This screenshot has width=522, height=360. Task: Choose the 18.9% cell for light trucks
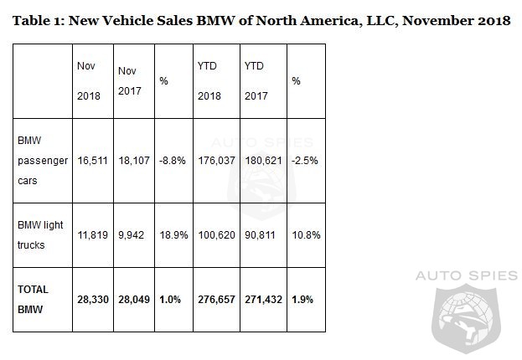click(173, 234)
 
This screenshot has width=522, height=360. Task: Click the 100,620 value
click(215, 234)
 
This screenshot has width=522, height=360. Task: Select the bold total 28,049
click(134, 299)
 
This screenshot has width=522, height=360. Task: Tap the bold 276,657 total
click(216, 299)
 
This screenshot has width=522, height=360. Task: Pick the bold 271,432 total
click(263, 299)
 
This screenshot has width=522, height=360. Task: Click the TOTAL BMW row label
click(34, 298)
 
